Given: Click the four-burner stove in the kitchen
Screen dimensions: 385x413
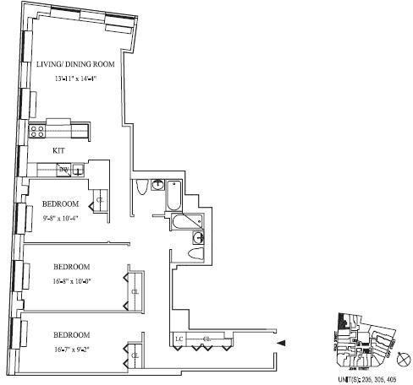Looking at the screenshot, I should (x=37, y=130).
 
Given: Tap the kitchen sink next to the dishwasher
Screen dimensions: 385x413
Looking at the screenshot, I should (x=78, y=171).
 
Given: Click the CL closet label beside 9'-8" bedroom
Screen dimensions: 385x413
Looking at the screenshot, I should (x=100, y=200).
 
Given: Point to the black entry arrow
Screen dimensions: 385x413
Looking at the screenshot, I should (x=283, y=343).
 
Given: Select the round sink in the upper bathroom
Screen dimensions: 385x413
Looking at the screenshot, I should (x=158, y=185).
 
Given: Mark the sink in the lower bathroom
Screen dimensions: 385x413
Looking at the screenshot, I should (x=198, y=238).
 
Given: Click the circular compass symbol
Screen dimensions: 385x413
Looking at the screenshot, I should (x=403, y=359).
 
